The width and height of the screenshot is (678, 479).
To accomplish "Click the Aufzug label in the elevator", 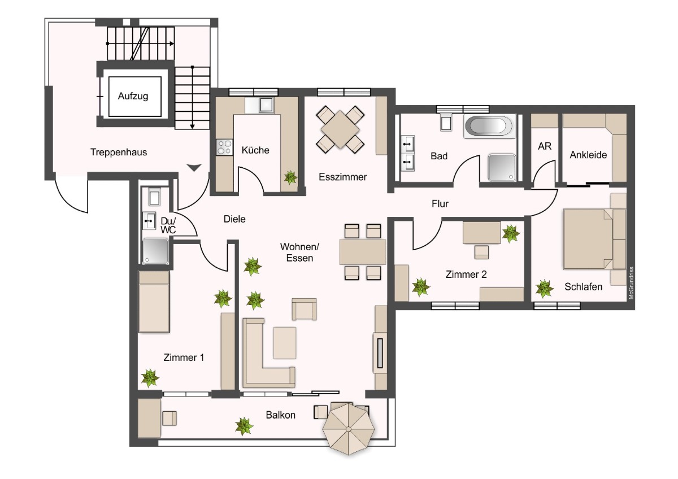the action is (133, 96).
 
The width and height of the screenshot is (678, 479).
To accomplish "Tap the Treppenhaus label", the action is (119, 152).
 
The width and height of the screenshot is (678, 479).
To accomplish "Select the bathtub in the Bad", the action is (489, 126).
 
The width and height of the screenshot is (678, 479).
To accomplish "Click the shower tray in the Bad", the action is (502, 168).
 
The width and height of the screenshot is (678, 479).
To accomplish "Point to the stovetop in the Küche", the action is (224, 147).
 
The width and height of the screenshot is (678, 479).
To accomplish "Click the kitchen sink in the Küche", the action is (266, 105).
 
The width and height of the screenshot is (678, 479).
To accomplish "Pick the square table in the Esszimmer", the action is (340, 129).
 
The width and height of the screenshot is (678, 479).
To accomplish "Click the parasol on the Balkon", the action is (349, 429).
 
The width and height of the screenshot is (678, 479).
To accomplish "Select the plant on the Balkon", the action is (244, 426).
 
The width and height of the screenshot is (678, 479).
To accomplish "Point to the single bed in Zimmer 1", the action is (154, 302).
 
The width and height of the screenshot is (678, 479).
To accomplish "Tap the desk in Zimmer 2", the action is (481, 232).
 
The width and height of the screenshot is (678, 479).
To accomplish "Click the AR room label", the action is (545, 146).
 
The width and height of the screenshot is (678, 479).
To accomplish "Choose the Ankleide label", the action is (588, 155).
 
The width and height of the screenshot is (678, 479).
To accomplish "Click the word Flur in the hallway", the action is (440, 204).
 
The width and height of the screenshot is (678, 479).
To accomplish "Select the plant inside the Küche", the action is (290, 177).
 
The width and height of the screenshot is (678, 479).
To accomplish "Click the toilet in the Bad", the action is (446, 122).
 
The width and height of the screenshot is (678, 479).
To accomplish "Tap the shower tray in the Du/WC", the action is (155, 251).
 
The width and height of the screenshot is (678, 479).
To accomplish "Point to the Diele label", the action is (234, 219).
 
